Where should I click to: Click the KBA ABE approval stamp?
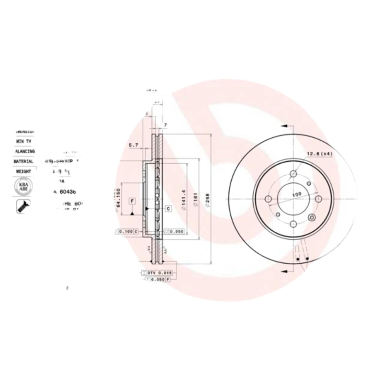tap(23, 186)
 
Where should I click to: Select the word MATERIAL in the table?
tap(23, 162)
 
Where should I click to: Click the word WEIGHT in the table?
tap(23, 171)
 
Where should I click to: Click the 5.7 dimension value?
tap(134, 145)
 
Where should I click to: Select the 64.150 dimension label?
tap(117, 199)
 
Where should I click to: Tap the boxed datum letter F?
tap(132, 201)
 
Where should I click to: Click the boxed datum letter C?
tap(169, 208)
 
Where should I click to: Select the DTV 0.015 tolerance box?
tap(158, 272)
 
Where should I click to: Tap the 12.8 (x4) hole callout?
tap(319, 154)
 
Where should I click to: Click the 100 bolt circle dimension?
tap(295, 194)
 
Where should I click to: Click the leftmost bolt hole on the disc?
tap(268, 199)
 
